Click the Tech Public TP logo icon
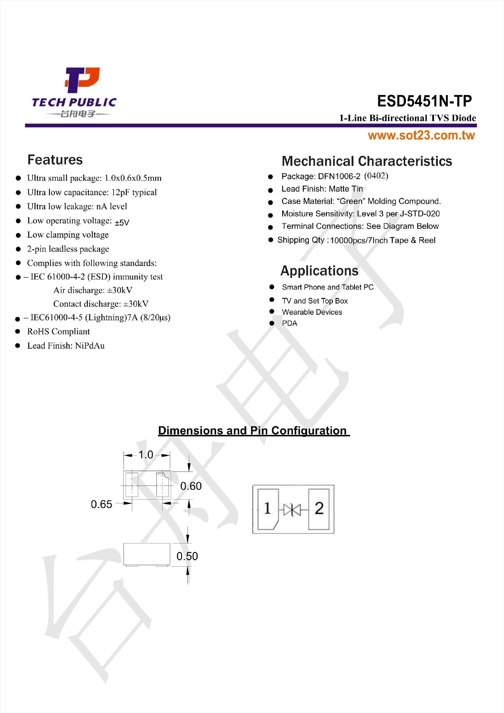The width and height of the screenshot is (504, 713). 83,80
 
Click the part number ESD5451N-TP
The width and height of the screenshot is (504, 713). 424,101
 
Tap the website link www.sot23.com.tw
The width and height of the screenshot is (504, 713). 421,135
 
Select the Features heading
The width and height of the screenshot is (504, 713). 55,160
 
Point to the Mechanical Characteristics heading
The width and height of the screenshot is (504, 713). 367,161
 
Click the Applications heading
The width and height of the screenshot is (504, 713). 319,271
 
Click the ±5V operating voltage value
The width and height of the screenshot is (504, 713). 122,222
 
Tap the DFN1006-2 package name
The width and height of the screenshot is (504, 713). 339,176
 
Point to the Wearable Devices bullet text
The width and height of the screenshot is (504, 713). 312,312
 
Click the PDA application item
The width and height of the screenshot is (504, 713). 289,323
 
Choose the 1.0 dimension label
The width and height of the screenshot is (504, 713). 146,455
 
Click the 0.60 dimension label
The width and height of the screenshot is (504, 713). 191,486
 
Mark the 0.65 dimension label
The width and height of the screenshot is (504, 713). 101,504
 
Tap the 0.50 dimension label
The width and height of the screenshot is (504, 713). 187,556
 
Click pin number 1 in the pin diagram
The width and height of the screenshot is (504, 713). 267,508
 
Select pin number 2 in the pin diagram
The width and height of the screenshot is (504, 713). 319,508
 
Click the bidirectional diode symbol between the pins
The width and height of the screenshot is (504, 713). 292,509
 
